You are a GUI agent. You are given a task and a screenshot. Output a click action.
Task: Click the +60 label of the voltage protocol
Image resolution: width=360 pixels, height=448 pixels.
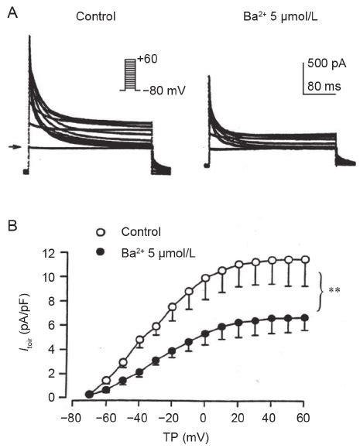(147, 60)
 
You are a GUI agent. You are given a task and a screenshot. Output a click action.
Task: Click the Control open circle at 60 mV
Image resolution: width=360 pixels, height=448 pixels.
(306, 259)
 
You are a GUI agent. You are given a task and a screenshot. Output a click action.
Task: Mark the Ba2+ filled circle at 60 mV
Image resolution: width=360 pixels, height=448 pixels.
(306, 317)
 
